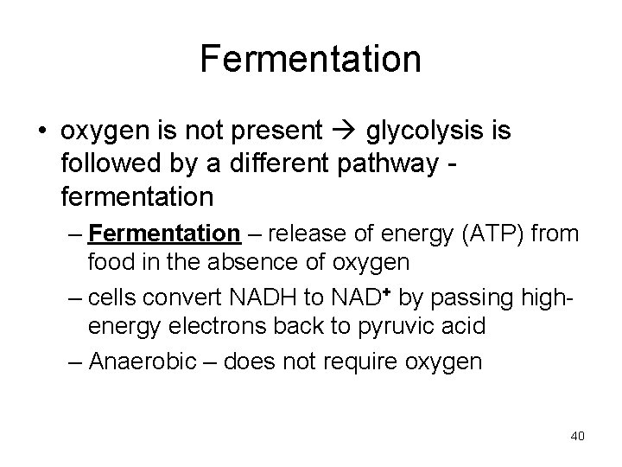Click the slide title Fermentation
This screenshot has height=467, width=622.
(x=310, y=60)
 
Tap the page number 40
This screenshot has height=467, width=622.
(x=577, y=435)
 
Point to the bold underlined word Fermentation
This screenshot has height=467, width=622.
(x=163, y=233)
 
